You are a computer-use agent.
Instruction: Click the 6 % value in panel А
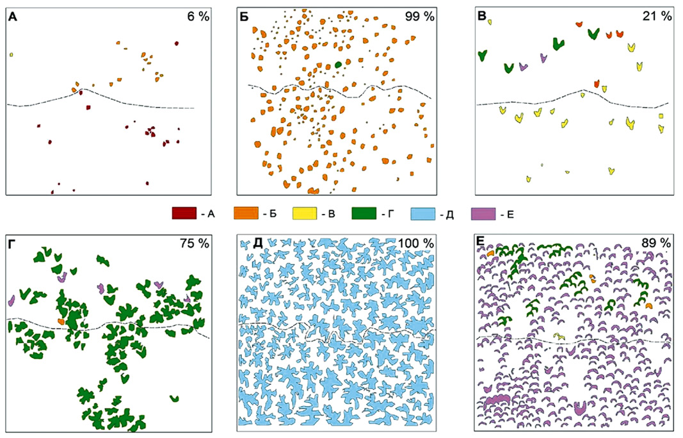point(198,17)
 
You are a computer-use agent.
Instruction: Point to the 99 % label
point(420,17)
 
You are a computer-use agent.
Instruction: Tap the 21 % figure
point(657,17)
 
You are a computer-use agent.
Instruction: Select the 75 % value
point(195,243)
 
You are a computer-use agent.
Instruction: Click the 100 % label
point(417,243)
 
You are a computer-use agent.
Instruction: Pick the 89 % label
point(656,243)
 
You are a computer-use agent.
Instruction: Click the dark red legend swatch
point(184,213)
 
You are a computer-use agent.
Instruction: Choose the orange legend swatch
point(246,213)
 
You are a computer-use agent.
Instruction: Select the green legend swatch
point(364,213)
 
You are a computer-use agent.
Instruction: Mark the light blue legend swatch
point(423,213)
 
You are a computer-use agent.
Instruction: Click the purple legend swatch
point(483,213)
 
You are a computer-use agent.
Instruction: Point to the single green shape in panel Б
point(338,65)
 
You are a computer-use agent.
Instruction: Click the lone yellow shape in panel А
point(12,54)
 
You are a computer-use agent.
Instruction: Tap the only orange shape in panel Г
point(61,321)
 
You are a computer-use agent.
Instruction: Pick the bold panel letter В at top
point(482,17)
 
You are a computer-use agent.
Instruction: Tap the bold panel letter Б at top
point(245,17)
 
